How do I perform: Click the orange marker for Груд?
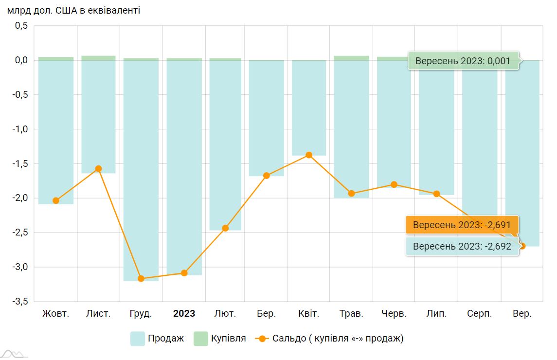point(141,279)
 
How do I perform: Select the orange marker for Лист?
point(98,169)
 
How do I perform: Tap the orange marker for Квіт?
point(309,155)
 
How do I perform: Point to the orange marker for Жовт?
point(56,200)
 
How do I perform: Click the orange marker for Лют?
point(225,228)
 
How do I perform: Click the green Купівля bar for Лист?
point(98,58)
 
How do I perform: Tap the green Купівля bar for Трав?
point(351,58)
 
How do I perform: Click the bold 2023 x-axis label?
point(184,313)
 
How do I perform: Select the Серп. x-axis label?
point(479,313)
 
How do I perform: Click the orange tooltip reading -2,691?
point(462,225)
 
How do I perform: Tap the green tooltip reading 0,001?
point(463,61)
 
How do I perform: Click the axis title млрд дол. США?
point(73,10)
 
